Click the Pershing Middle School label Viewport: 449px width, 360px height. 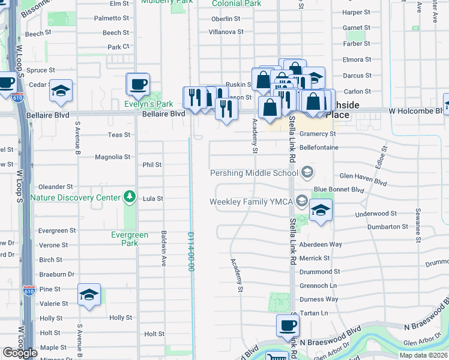[x=253, y=173]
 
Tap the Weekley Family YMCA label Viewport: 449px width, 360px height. [x=250, y=202]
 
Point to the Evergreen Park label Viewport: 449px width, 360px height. [x=129, y=239]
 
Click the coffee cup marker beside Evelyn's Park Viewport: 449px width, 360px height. [x=138, y=84]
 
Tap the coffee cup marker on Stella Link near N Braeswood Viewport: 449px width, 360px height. [x=288, y=326]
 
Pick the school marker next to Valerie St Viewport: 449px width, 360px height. [x=89, y=295]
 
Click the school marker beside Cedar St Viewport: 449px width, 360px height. [x=61, y=91]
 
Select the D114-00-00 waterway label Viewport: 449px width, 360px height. [x=191, y=252]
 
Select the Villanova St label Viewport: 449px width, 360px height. [x=224, y=32]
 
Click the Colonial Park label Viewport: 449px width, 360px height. [x=237, y=4]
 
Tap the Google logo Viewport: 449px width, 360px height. [x=20, y=353]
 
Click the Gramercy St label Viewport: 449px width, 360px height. [x=316, y=134]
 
